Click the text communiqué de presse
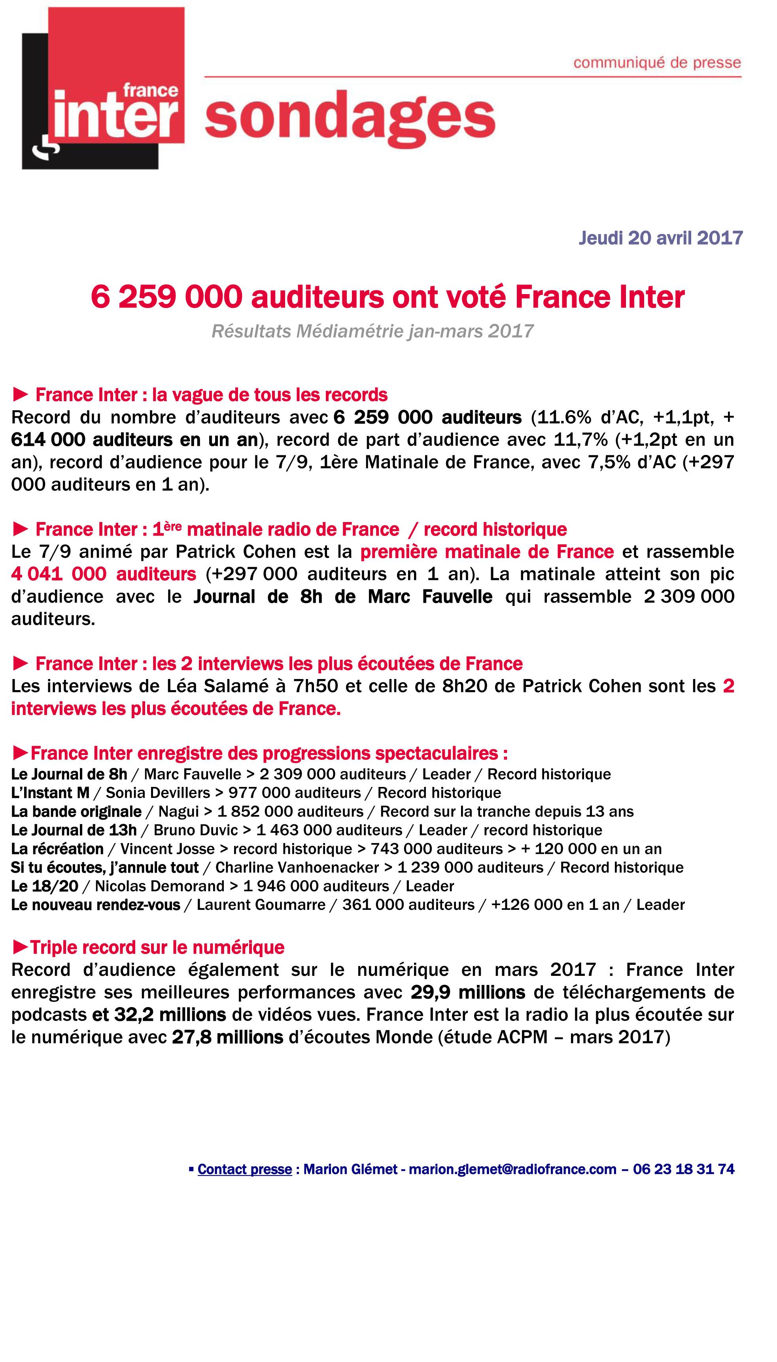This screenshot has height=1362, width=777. point(657,63)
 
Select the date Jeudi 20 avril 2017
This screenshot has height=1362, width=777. point(661,238)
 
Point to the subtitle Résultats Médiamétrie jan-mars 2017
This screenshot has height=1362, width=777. point(372,331)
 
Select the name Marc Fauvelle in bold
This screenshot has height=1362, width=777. point(430,596)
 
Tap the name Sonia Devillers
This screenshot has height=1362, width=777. point(158,793)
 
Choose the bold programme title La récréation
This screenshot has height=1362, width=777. point(57,849)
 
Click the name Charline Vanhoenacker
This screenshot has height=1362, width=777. point(297,868)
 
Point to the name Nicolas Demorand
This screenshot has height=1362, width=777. point(160,886)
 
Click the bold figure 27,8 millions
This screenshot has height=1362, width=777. point(227,1037)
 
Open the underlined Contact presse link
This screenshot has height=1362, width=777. point(244,1170)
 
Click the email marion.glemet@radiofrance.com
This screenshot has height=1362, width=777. point(512,1170)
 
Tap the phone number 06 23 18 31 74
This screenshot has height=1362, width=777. point(684,1170)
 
